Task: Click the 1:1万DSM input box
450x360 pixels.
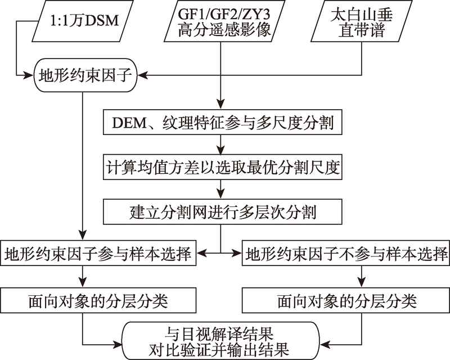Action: coord(83,21)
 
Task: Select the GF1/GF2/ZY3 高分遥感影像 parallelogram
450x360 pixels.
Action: coord(224,21)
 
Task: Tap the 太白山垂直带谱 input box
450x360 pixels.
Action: coord(361,21)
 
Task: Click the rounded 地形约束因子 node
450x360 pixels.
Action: coord(85,75)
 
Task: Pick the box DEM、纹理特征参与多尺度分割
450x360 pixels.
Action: coord(223,122)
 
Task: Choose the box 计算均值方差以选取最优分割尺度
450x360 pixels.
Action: coord(223,167)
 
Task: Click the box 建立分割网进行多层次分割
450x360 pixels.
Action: coord(223,212)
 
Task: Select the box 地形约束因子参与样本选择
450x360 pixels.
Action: coord(98,253)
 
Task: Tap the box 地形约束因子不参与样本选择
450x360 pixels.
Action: coord(346,253)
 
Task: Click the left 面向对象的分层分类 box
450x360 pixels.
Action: coord(98,300)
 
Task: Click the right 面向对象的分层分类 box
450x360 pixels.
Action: coord(346,300)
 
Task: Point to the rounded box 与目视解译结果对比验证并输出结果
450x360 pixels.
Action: coord(221,341)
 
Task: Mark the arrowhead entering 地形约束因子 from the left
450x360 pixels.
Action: coord(29,75)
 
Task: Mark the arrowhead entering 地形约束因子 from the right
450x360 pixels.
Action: coord(142,75)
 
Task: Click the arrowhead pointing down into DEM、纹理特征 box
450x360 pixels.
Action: coord(220,105)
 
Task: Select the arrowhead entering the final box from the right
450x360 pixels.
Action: coord(325,344)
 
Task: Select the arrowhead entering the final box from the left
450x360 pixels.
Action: coord(118,344)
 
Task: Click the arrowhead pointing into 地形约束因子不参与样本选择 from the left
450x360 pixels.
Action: coord(237,253)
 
